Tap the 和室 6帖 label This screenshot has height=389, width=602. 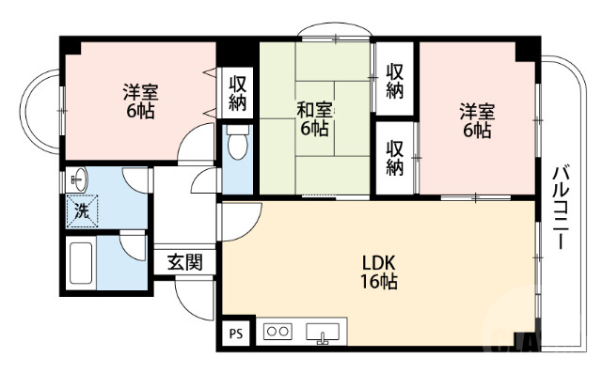(x=315, y=118)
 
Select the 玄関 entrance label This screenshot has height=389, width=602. (x=184, y=263)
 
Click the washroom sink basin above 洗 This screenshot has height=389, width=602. (x=77, y=178)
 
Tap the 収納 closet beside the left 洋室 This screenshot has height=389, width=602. (x=236, y=92)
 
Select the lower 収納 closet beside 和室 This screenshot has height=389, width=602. (x=396, y=156)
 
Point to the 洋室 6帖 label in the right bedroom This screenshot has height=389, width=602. (x=475, y=120)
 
